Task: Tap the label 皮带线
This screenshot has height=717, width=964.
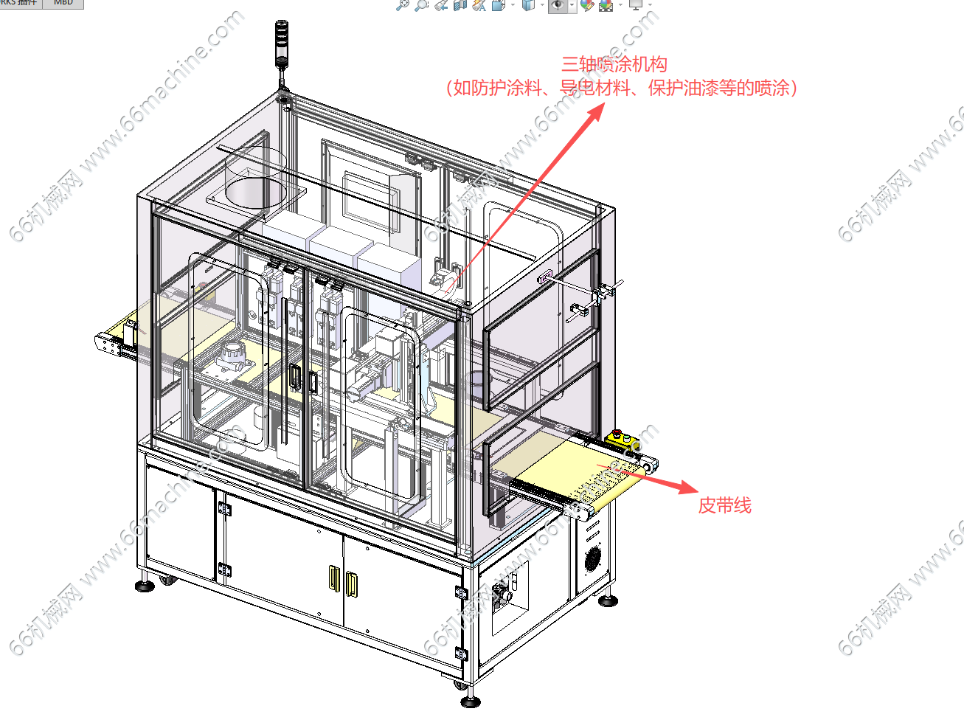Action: (x=724, y=505)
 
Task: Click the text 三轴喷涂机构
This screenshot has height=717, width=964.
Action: (x=614, y=65)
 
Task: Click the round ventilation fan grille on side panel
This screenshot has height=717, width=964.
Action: (x=593, y=558)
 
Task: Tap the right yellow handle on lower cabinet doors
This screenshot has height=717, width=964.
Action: (x=352, y=583)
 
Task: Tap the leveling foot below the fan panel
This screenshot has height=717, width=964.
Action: (x=607, y=601)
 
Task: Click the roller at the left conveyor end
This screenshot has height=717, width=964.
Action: (x=102, y=342)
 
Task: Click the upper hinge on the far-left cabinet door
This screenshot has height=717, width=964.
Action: (x=223, y=508)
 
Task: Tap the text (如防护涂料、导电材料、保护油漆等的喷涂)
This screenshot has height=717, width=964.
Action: (x=622, y=89)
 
